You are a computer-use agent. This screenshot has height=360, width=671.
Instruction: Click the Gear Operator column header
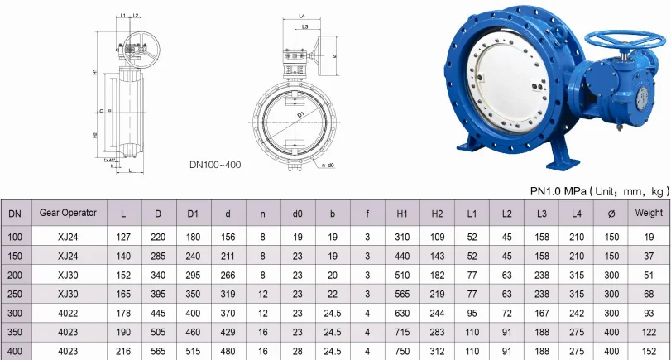68,213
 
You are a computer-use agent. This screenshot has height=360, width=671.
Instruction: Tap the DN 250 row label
15,294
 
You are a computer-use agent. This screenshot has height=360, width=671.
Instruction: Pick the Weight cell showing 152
649,352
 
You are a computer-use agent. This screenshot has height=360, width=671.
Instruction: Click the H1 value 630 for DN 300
402,313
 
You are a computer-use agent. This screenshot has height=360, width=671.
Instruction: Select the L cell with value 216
123,352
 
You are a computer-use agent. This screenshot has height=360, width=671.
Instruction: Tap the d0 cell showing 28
297,352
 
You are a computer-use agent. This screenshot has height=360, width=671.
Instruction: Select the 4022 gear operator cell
68,313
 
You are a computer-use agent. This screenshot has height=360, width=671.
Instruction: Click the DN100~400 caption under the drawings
214,165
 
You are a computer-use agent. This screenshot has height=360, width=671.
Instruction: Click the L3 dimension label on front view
305,27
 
